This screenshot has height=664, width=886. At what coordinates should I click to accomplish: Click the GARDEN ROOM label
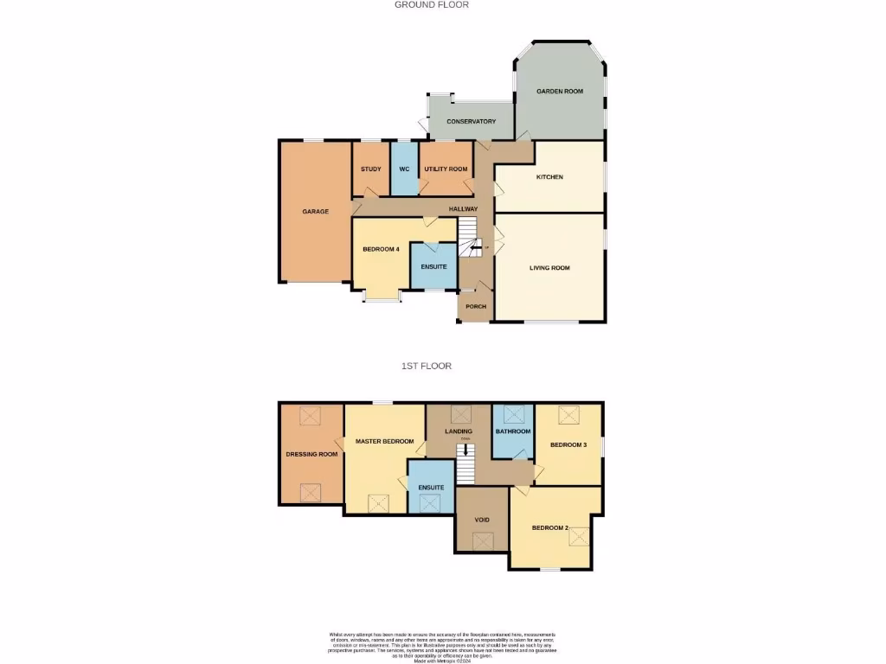pos(559,91)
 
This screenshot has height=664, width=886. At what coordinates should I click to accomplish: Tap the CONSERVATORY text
pos(471,122)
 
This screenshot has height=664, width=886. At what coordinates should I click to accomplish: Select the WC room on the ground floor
pos(404,169)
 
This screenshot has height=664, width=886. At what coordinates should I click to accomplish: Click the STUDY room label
pos(371,169)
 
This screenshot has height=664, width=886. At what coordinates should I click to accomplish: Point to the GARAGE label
pos(315,211)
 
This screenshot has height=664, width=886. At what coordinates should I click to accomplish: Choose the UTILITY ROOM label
pos(446,169)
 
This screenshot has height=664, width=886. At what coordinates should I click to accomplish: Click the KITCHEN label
pos(549,177)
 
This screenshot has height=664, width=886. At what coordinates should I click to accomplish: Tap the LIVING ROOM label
pos(549,268)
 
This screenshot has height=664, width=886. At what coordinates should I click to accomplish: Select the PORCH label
pos(476,307)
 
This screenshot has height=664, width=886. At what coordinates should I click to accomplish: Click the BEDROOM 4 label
pos(381,250)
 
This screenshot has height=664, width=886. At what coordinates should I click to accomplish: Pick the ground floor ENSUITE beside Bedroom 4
pos(433,266)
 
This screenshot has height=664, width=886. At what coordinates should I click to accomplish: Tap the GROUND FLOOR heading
pos(432,4)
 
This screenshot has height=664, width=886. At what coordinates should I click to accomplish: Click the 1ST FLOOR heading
pos(426,366)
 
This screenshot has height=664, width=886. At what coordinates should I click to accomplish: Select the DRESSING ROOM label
pos(311,454)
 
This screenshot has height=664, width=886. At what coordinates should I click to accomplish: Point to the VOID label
pos(483,520)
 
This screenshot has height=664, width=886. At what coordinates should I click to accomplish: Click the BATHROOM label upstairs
pos(513,431)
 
